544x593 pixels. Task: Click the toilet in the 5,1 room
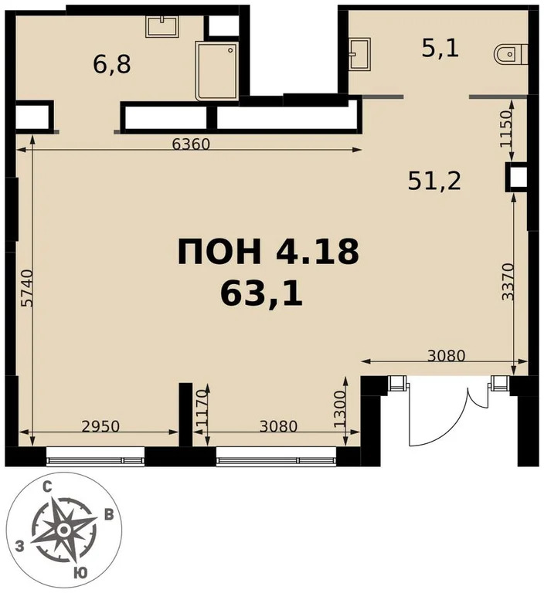pos(511,54)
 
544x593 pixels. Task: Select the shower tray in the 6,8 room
pos(217,71)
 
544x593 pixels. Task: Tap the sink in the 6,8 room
pos(162,26)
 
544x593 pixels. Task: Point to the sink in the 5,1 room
pos(359,54)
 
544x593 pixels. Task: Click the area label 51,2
pos(434,181)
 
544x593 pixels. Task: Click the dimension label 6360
pos(190,144)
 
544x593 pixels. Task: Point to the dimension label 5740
pos(28,287)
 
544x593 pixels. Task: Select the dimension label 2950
pos(100,426)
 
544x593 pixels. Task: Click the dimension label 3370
pos(508,282)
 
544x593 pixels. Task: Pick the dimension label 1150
pos(506,129)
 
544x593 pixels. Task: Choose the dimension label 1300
pos(340,409)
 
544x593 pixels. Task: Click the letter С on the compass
pos(47,488)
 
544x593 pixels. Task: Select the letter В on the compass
pos(109,515)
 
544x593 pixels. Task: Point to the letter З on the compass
pos(19,546)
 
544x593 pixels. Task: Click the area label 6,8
pos(112,65)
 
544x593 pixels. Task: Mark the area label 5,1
pos(440,49)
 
